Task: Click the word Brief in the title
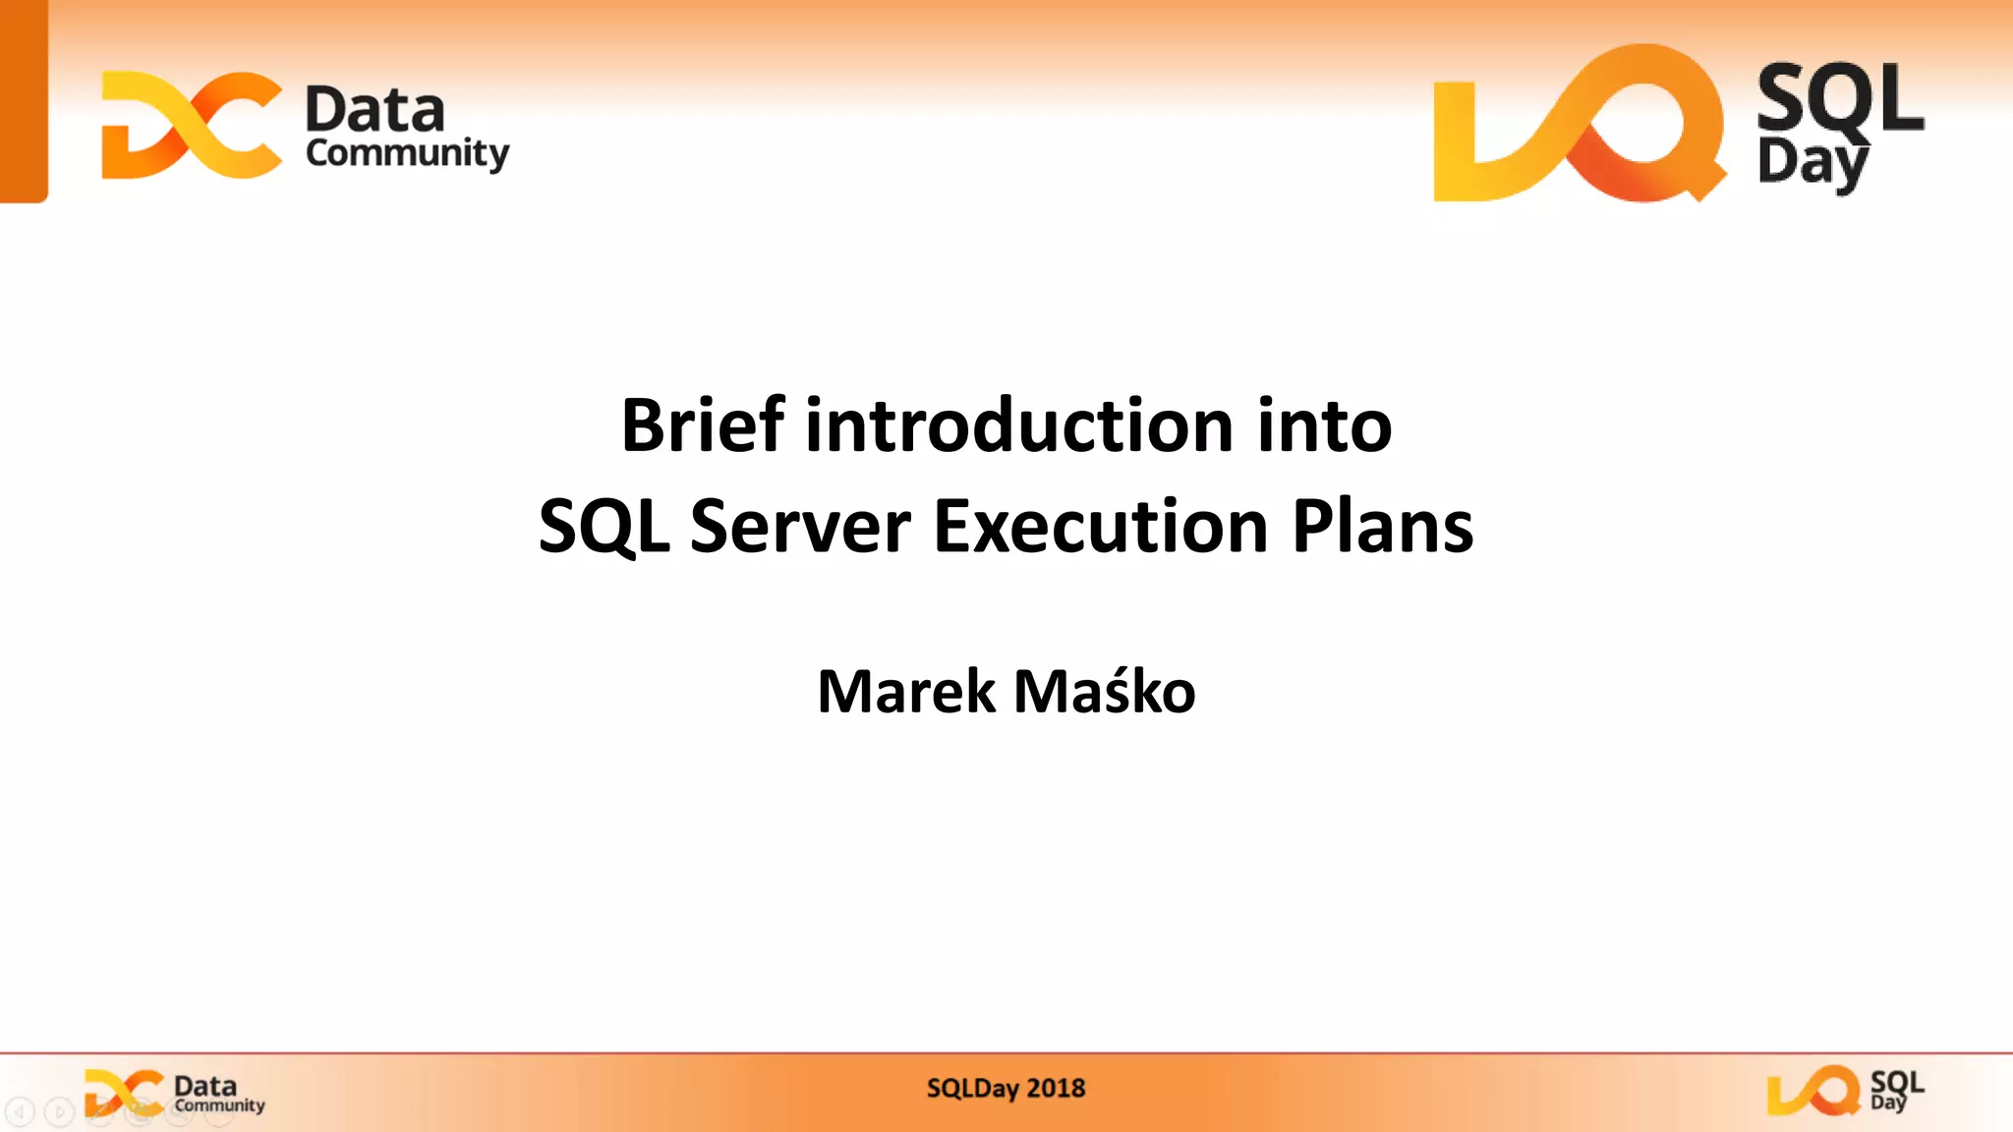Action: pos(702,425)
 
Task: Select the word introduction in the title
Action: pos(1019,425)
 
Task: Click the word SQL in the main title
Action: pos(604,527)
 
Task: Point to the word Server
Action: pos(800,527)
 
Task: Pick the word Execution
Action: pos(1100,527)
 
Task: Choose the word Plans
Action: pos(1382,527)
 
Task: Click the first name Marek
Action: pos(905,692)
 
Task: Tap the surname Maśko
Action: pos(1104,692)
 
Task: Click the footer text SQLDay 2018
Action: pos(1006,1089)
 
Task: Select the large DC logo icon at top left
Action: pos(192,125)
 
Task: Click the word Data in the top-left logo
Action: pos(374,109)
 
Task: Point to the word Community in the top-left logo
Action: pos(407,154)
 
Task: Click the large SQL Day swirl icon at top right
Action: pos(1579,124)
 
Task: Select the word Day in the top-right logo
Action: pos(1812,163)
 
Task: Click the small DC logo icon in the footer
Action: pos(124,1093)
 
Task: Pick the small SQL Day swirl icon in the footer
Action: pos(1812,1091)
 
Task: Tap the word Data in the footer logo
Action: pos(205,1086)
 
